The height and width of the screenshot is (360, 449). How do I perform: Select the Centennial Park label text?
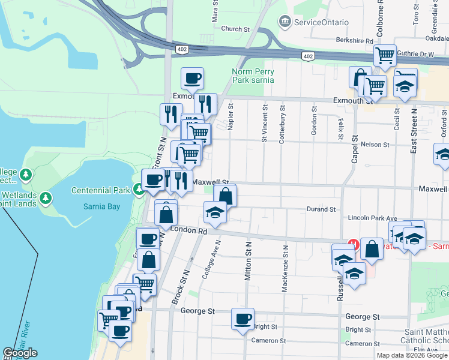click(100, 191)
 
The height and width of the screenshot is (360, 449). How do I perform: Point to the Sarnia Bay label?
click(101, 206)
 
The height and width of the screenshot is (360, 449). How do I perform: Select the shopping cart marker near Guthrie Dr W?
click(385, 56)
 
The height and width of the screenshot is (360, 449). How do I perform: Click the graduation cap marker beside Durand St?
click(215, 212)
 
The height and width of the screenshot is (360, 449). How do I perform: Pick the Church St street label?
click(235, 29)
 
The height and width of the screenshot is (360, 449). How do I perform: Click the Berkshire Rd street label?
click(355, 41)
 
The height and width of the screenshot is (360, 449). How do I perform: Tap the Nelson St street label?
click(375, 145)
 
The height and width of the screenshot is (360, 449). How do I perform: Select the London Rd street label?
click(188, 230)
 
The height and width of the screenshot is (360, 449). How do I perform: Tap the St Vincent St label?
click(264, 123)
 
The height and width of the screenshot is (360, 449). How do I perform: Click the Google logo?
click(20, 353)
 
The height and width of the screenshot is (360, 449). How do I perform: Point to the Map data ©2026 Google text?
click(411, 355)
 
